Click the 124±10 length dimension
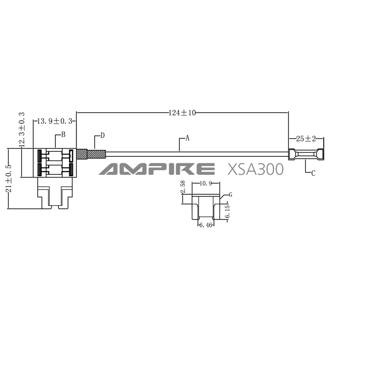[182, 113]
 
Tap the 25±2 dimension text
[306, 139]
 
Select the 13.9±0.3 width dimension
[54, 121]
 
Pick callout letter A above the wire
[187, 138]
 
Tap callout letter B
[63, 135]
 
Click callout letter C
[313, 173]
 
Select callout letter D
[102, 136]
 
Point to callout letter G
[231, 195]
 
